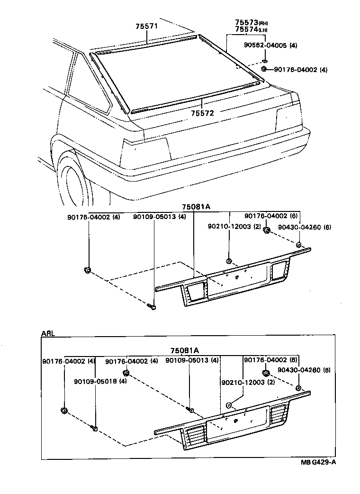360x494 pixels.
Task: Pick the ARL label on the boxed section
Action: [48, 333]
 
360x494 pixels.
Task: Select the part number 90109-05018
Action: [100, 381]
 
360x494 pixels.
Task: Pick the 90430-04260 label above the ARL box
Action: [304, 227]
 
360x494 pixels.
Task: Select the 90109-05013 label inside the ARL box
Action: [191, 361]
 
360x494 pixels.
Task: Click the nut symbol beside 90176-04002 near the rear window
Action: [264, 70]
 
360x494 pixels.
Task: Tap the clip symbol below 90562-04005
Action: [265, 61]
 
